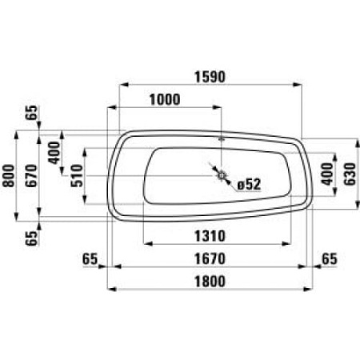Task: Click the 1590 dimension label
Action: tap(210, 77)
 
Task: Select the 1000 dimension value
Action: tap(165, 100)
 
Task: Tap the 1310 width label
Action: tap(210, 236)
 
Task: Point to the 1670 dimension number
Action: tap(210, 258)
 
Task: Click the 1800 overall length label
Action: tap(210, 282)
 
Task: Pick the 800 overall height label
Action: tap(9, 176)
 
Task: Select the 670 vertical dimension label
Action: tap(32, 176)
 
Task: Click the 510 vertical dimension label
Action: tap(77, 176)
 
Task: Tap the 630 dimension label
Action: tap(350, 174)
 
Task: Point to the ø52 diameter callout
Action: tap(249, 184)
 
